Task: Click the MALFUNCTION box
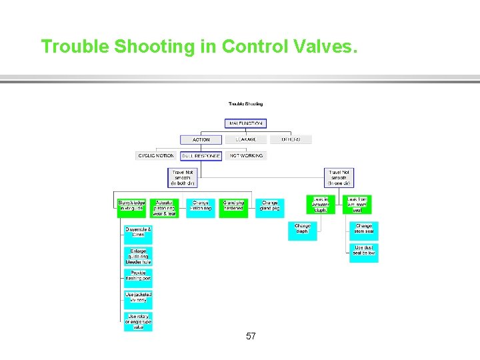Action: tap(246, 123)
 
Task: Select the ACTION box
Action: tap(201, 140)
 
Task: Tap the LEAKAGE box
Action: tap(246, 140)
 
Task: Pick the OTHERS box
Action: tap(290, 140)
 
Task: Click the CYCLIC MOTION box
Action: tap(156, 156)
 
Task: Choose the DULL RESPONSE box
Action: tap(201, 156)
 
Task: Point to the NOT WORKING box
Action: tap(246, 156)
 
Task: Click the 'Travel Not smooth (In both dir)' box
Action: tap(182, 177)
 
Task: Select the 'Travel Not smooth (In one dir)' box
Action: tap(339, 177)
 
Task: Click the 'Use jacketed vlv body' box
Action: tap(138, 298)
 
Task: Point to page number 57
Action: tap(251, 336)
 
